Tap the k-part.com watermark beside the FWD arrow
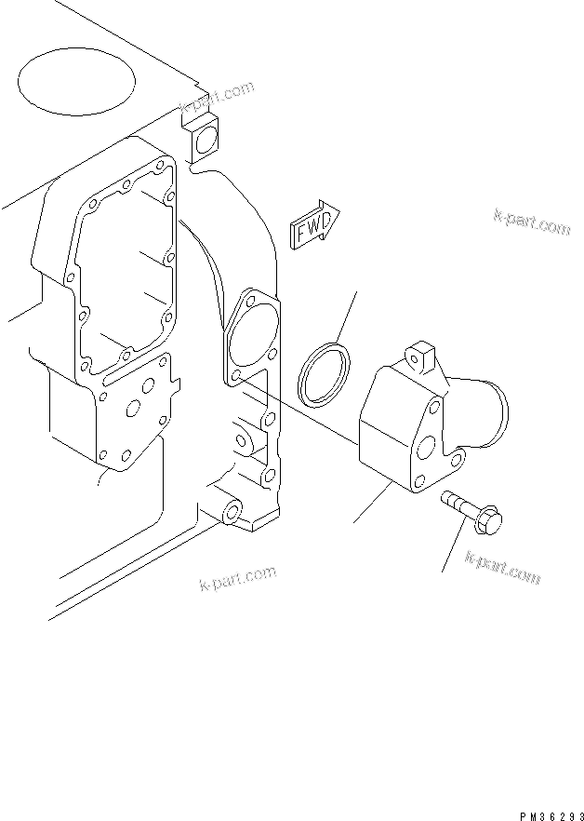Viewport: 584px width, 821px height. click(531, 222)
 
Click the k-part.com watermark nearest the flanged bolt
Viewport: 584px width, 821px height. click(502, 567)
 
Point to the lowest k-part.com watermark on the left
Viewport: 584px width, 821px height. click(238, 578)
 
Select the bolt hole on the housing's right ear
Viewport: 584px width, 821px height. click(457, 458)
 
